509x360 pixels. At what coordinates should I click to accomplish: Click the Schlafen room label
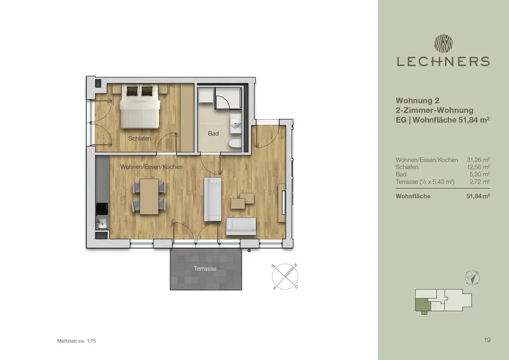pos(139,138)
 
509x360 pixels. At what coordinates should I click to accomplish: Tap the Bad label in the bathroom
pos(213,134)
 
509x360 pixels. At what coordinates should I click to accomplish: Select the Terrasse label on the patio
pos(205,268)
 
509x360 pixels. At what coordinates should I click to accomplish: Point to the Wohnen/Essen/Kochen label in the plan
pos(151,167)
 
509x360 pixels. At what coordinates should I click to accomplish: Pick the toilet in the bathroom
pos(235,143)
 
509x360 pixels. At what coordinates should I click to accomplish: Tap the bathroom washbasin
pos(236,123)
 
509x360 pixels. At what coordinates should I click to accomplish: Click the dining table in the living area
pos(149,197)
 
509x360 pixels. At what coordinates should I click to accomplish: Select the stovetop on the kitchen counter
pos(102,209)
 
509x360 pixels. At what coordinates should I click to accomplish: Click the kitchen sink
pos(102,223)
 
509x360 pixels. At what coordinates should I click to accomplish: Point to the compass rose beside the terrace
pos(285,277)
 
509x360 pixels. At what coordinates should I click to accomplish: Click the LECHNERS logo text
pos(443,61)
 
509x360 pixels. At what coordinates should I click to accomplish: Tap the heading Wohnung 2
pos(417,101)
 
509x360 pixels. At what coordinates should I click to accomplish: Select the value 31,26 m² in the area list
pos(478,160)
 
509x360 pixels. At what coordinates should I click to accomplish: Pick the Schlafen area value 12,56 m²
pos(478,167)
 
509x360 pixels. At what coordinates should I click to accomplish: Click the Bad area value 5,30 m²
pos(480,174)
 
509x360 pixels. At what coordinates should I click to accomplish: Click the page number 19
pos(487,340)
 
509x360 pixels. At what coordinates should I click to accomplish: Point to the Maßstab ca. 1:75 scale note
pos(76,341)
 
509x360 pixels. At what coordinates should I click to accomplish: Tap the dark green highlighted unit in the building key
pos(422,305)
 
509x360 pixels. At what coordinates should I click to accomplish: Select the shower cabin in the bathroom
pos(228,98)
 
